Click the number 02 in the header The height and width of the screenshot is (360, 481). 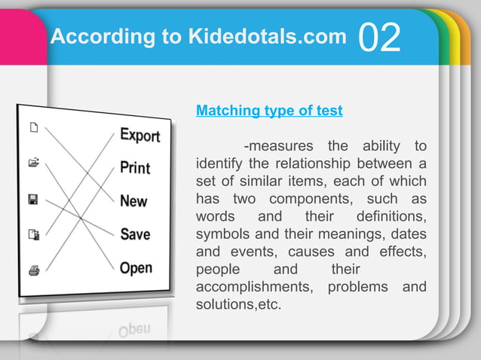pyautogui.click(x=380, y=38)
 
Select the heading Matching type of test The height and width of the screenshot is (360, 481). pyautogui.click(x=269, y=111)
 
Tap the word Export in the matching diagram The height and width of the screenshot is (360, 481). pyautogui.click(x=140, y=136)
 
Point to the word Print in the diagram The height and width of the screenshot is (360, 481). pyautogui.click(x=135, y=167)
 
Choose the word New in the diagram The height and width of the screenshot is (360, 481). pyautogui.click(x=133, y=201)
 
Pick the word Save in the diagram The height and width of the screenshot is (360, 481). pyautogui.click(x=135, y=234)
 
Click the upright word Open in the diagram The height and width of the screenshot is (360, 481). pyautogui.click(x=136, y=267)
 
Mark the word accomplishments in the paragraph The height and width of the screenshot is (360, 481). pyautogui.click(x=255, y=287)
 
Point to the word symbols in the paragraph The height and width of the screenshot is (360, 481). pyautogui.click(x=220, y=233)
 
